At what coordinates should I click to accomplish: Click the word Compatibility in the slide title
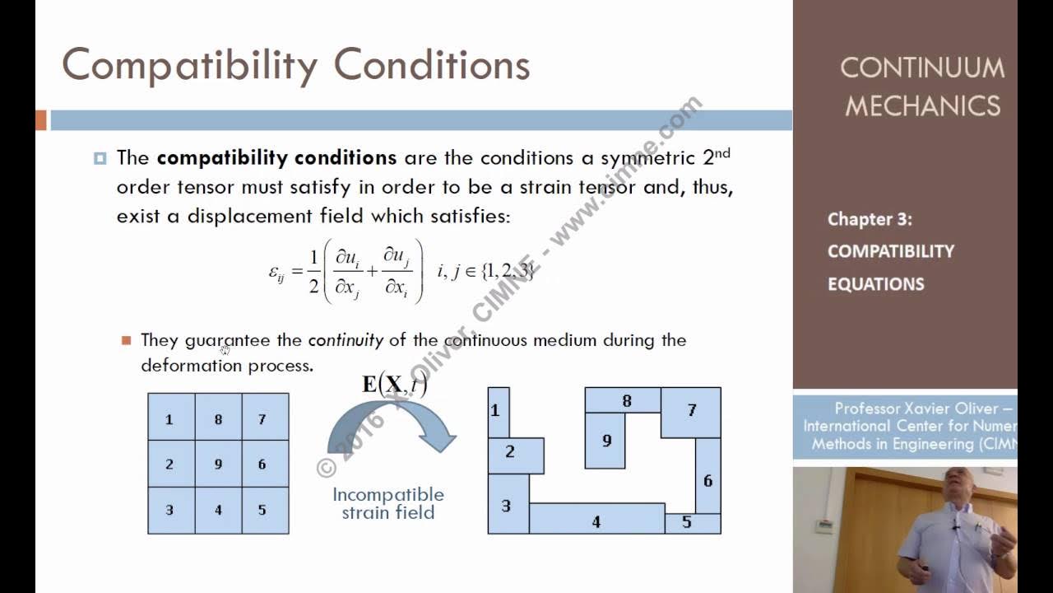[189, 65]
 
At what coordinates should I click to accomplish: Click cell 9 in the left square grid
[218, 464]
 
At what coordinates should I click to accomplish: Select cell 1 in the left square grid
[170, 418]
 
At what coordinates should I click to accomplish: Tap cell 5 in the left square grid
[263, 510]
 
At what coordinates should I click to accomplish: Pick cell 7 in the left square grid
[263, 418]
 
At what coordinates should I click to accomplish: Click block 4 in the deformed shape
[596, 519]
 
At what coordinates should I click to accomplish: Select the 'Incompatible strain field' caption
[388, 503]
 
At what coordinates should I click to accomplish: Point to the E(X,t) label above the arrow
[394, 384]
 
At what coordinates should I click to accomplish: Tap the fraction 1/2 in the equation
[313, 272]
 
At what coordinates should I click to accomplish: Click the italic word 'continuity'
[346, 340]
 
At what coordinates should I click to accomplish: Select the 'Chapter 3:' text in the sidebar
[870, 219]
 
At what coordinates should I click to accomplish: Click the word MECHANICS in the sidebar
[922, 106]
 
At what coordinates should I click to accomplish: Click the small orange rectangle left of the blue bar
[41, 120]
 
